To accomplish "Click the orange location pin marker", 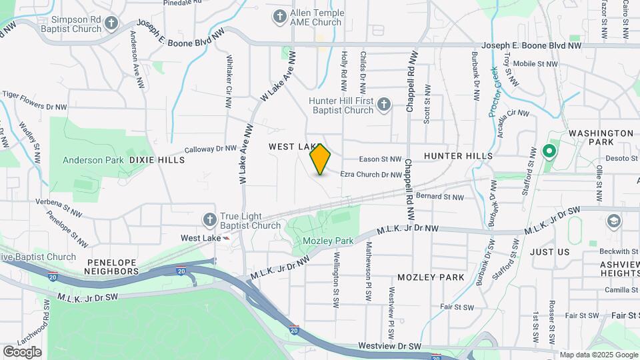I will pyautogui.click(x=321, y=159).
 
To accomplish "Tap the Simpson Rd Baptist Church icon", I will pyautogui.click(x=111, y=24).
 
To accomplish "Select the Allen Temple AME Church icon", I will pyautogui.click(x=279, y=16).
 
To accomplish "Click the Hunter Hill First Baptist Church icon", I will pyautogui.click(x=383, y=104).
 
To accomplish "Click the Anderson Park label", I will pyautogui.click(x=93, y=160).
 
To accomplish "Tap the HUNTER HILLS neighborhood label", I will pyautogui.click(x=458, y=156).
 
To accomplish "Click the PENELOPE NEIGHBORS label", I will pyautogui.click(x=112, y=266).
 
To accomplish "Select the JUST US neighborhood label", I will pyautogui.click(x=550, y=252).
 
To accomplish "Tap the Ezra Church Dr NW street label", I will pyautogui.click(x=371, y=175).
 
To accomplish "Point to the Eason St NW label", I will pyautogui.click(x=380, y=159).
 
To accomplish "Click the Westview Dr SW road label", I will pyautogui.click(x=390, y=346).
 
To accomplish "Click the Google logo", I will pyautogui.click(x=22, y=351).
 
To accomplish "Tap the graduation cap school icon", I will pyautogui.click(x=612, y=221).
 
